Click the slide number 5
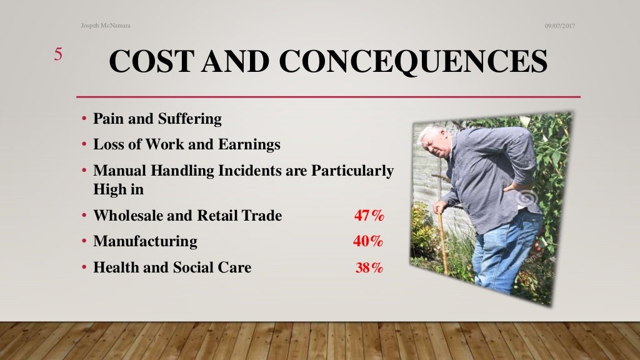(57, 54)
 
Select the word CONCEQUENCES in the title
(413, 62)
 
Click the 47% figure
(369, 216)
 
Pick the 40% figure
(368, 241)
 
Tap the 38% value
(369, 268)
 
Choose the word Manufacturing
(145, 241)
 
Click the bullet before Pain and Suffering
(84, 119)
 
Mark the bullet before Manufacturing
(84, 241)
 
